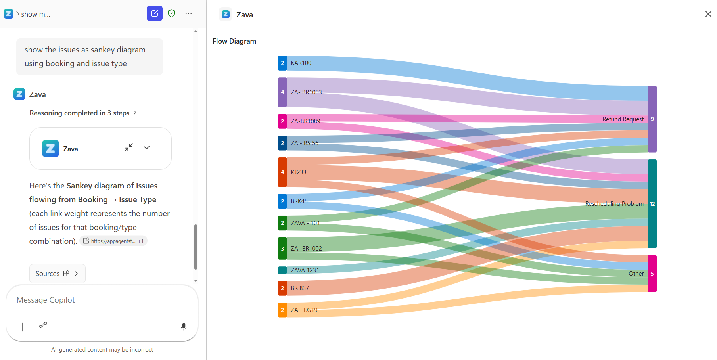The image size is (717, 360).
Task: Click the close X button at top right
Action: click(x=708, y=14)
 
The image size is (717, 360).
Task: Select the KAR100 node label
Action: click(x=301, y=63)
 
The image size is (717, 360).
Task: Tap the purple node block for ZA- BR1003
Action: click(x=282, y=92)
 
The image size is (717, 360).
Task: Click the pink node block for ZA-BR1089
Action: click(x=282, y=121)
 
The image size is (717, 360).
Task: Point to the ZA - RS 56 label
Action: click(x=305, y=143)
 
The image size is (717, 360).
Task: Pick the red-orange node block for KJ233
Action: click(x=282, y=172)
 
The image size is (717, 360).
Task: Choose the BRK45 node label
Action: click(x=299, y=201)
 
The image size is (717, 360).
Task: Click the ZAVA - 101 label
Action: click(x=305, y=223)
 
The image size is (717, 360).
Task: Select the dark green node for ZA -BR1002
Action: click(x=282, y=249)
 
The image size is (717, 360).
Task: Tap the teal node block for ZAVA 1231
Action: click(x=282, y=270)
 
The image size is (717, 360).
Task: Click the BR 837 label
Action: click(x=300, y=288)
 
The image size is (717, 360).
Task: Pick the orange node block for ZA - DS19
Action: click(x=282, y=310)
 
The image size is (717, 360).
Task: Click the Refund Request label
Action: click(x=623, y=119)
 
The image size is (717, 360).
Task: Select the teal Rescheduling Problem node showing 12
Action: click(x=652, y=204)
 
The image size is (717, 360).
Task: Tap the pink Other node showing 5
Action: click(x=652, y=274)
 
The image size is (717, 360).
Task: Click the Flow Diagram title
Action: click(x=234, y=41)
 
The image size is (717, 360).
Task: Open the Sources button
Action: click(x=58, y=274)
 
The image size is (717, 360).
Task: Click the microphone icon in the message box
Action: click(x=184, y=327)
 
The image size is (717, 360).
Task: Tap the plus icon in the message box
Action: click(x=22, y=327)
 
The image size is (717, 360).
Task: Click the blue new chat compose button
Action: click(x=155, y=13)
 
